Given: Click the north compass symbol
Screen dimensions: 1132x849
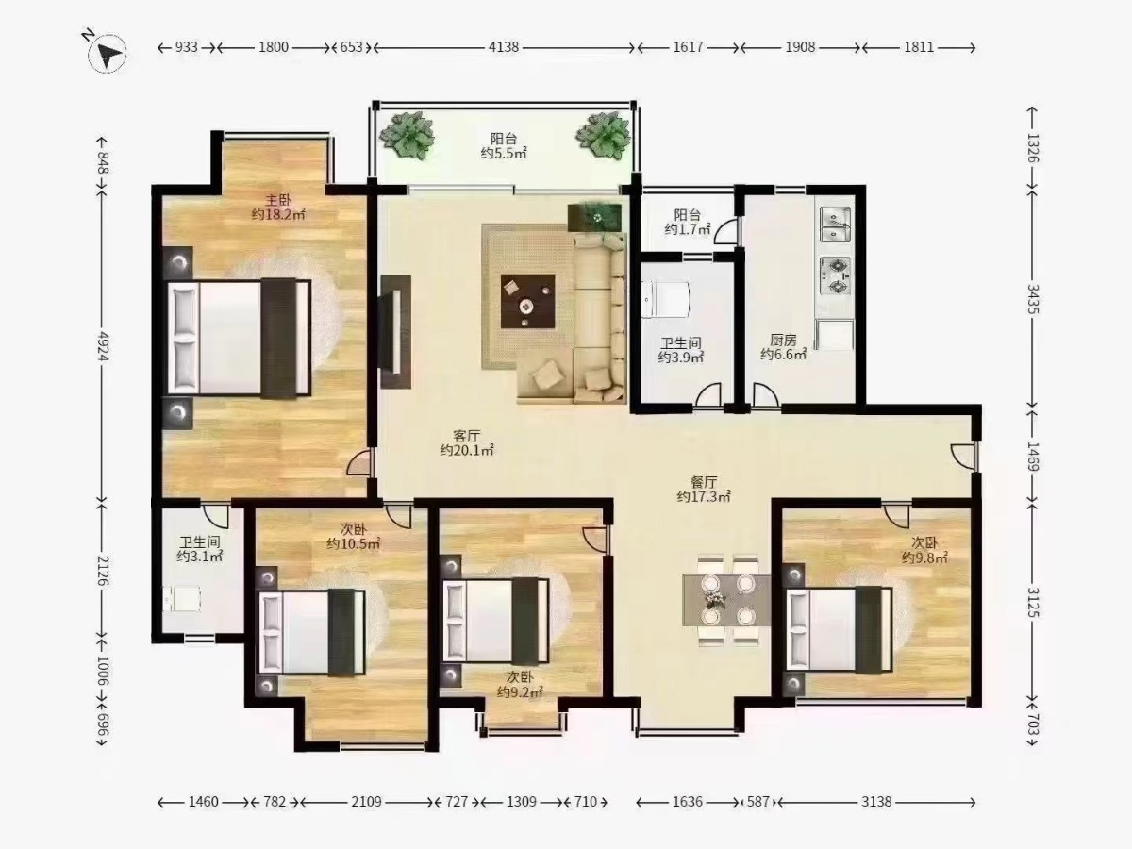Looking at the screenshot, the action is (107, 53).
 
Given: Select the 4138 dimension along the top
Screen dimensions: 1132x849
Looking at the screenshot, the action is (504, 47).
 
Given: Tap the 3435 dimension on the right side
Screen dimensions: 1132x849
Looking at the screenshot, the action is (1033, 299).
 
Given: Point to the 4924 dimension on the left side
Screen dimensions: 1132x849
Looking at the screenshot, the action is (103, 347).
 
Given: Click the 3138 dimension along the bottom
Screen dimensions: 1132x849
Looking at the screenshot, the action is (876, 802).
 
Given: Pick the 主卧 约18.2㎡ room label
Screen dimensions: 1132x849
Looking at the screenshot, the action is (278, 208).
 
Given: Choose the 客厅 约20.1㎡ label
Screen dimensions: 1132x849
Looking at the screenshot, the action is (467, 443).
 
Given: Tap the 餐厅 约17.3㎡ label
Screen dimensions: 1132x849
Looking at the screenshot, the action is (704, 490).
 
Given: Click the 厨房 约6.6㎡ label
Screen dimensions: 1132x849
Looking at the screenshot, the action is (783, 347).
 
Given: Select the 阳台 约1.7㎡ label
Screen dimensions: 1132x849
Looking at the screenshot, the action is (688, 223).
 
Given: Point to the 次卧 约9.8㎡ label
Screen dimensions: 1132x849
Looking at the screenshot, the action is (924, 550).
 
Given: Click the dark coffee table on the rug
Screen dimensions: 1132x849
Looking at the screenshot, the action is (527, 301).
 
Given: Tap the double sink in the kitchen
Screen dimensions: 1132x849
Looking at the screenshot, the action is (836, 225).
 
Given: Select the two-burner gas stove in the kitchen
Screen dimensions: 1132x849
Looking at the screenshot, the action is (836, 275).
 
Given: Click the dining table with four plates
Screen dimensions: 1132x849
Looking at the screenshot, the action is (726, 600).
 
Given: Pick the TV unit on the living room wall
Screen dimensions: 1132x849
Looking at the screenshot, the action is (395, 331).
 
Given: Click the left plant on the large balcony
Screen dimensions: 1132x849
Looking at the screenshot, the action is (407, 136).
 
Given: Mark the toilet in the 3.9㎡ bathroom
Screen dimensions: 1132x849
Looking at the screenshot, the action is (665, 299).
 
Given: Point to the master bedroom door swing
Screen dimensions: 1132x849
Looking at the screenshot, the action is (359, 462).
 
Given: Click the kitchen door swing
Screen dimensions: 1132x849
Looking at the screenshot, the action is (765, 395).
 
